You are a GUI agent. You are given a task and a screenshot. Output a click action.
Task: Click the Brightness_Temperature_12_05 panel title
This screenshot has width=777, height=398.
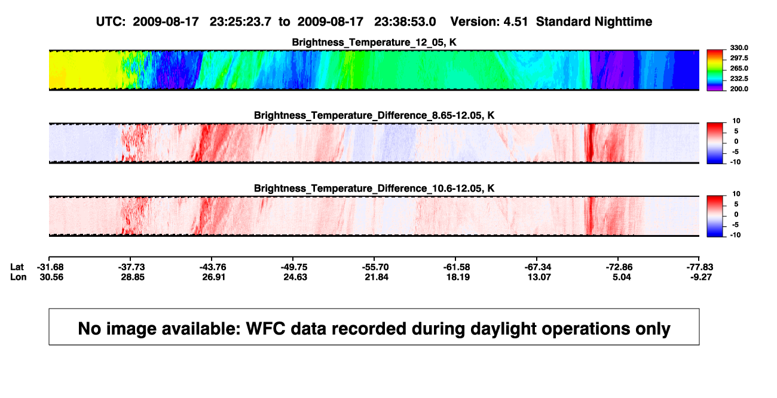click(x=374, y=42)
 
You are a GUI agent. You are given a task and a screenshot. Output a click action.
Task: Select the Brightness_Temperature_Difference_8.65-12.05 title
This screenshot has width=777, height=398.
click(x=374, y=115)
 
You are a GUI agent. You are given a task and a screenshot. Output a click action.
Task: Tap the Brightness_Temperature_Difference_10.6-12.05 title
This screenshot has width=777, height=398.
click(x=374, y=189)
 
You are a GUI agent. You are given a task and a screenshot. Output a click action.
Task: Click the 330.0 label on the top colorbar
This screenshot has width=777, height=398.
click(x=739, y=48)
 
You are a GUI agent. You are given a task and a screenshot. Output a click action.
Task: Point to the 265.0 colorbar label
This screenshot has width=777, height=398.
click(x=739, y=68)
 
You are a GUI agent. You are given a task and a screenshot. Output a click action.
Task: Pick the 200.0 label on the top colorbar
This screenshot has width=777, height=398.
click(x=739, y=89)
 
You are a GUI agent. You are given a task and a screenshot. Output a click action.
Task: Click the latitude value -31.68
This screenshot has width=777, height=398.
click(x=50, y=267)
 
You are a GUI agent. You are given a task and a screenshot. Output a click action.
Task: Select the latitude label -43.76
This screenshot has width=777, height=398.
click(x=213, y=267)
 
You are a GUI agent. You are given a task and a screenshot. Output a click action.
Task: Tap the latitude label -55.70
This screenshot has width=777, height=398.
click(x=375, y=267)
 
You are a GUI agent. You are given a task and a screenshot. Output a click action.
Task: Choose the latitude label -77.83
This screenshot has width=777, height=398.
click(x=700, y=267)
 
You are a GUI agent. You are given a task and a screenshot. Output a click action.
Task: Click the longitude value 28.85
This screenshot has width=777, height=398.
click(x=133, y=277)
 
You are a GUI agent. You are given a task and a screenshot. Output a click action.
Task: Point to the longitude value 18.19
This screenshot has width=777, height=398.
click(x=458, y=277)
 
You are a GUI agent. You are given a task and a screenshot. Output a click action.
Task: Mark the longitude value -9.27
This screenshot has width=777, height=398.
click(x=700, y=277)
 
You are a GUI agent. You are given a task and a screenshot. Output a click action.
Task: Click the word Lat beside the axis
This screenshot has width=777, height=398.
click(x=17, y=267)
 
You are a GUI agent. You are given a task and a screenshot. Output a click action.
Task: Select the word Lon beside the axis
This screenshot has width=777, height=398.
click(x=19, y=277)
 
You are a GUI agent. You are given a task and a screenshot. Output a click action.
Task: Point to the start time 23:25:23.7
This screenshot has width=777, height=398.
click(x=240, y=22)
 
